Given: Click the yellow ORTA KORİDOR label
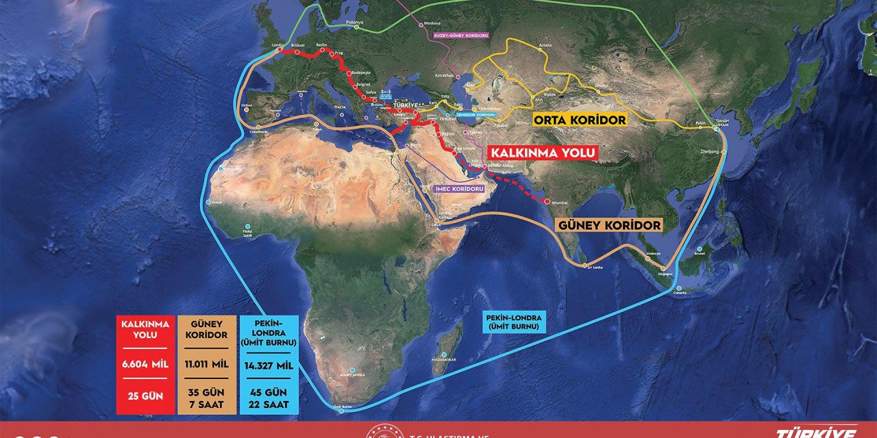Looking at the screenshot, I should pyautogui.click(x=580, y=120).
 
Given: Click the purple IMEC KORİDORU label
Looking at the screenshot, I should pyautogui.click(x=460, y=188).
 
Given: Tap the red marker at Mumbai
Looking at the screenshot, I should pyautogui.click(x=547, y=201).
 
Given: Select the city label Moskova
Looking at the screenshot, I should pyautogui.click(x=432, y=23).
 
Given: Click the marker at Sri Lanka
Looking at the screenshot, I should pyautogui.click(x=584, y=265).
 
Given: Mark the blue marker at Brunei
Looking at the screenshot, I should pyautogui.click(x=699, y=249).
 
